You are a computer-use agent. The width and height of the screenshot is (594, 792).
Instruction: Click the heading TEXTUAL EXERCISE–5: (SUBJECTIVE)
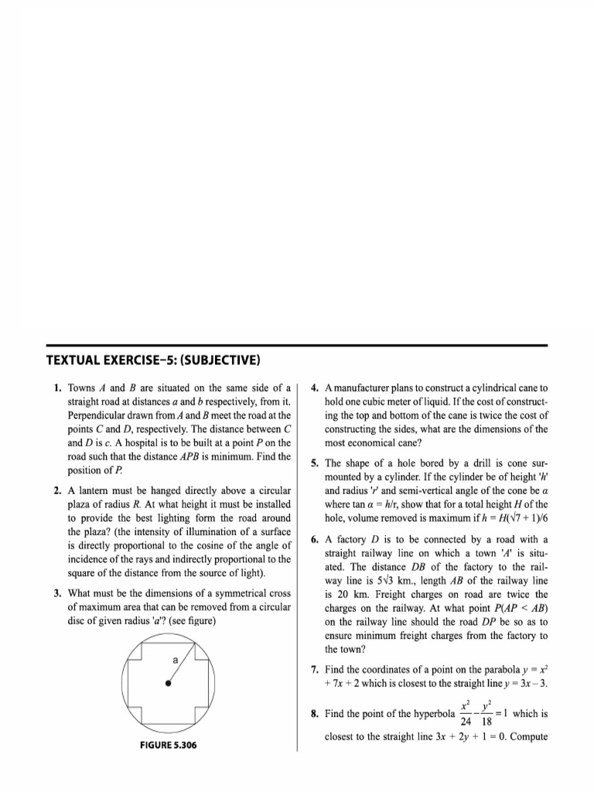153,360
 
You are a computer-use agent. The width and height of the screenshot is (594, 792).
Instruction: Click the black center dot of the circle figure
168,684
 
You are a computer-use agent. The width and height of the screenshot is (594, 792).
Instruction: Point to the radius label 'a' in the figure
176,660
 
